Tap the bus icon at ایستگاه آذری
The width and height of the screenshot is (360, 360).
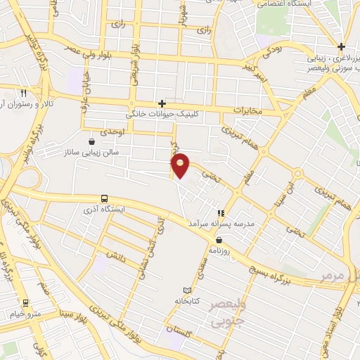[x=105, y=198]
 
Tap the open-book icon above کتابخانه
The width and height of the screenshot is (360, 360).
[x=186, y=290]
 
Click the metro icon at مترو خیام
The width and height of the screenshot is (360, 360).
[x=26, y=303]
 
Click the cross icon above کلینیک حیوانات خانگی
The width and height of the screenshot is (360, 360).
[x=162, y=103]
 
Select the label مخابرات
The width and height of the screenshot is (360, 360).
[x=246, y=111]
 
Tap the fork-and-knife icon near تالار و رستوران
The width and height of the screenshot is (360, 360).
[x=23, y=93]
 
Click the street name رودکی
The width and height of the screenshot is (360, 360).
[x=271, y=51]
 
